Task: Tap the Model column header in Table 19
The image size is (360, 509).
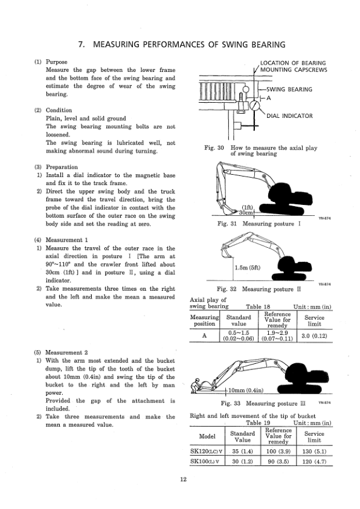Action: point(208,436)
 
